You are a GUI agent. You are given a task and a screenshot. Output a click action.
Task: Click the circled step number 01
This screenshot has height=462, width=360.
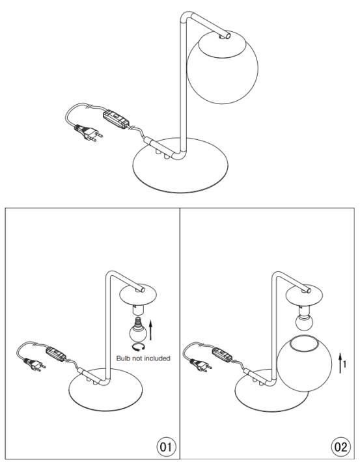pos(166,447)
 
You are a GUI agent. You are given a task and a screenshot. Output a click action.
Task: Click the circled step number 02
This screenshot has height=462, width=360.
pos(341,447)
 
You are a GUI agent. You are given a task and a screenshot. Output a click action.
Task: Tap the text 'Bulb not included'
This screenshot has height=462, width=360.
pos(143,359)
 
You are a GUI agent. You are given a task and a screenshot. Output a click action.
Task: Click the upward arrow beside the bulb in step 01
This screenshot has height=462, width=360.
pos(151,330)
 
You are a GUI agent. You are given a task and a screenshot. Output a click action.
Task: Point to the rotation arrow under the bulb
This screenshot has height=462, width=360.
pos(138,347)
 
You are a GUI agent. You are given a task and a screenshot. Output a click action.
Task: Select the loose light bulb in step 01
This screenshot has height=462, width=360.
pos(138,329)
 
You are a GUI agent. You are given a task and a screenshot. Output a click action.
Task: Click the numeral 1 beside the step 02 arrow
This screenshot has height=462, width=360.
pos(344,364)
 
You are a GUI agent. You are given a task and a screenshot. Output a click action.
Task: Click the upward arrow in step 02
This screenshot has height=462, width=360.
pos(340,363)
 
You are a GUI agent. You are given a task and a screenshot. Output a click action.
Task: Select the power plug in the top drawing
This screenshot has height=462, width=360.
pos(88,133)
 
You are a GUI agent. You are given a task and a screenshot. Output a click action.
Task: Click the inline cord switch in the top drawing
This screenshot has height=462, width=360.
pos(116,118)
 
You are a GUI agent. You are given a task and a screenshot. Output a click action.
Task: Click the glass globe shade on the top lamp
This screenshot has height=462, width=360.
pos(223,67)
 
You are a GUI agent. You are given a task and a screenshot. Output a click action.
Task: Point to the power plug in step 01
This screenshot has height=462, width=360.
pos(35,364)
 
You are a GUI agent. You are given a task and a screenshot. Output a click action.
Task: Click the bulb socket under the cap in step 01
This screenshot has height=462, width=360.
pos(138,310)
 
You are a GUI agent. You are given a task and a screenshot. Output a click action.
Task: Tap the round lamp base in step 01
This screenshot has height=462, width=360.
pos(105,390)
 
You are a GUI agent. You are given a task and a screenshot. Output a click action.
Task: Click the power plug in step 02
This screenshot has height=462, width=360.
pos(201,365)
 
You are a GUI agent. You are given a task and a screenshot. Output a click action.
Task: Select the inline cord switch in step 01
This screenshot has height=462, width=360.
pos(57,353)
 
